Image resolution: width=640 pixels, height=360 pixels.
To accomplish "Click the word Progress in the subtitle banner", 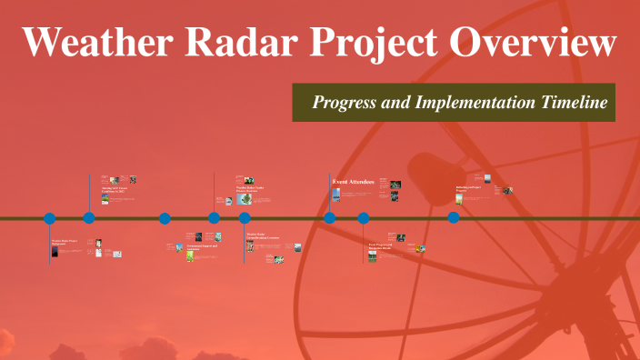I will [x=345, y=103].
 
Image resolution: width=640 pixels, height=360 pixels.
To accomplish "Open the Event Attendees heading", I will [x=354, y=183].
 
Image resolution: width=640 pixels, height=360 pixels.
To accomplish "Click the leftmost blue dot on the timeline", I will [x=50, y=218].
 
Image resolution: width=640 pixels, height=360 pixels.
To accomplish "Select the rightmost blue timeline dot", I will [x=453, y=217].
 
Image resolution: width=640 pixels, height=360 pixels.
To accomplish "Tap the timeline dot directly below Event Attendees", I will [x=330, y=217].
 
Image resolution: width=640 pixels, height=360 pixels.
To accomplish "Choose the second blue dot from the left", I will [x=89, y=217].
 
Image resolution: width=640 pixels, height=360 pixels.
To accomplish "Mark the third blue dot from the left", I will [x=165, y=218].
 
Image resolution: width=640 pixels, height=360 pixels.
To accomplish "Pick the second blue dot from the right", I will [x=364, y=218].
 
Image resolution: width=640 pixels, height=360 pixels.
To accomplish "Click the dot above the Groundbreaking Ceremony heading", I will [x=245, y=218].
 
